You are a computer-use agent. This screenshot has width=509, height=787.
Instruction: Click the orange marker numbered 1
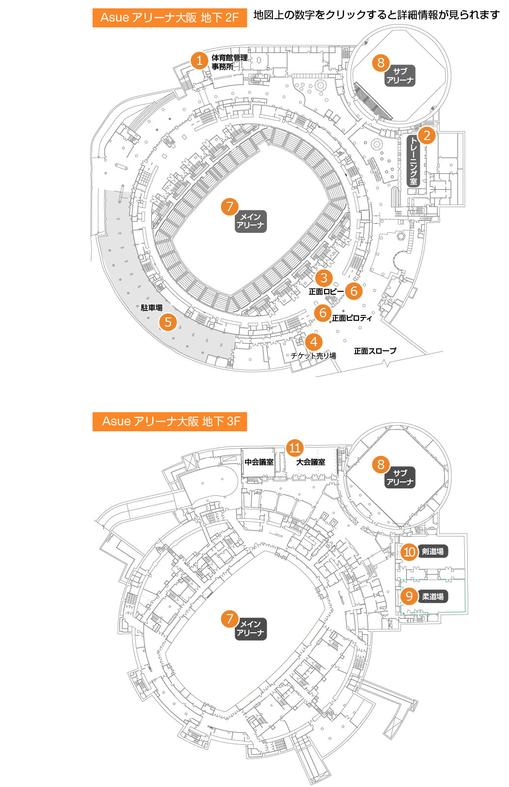tap(199, 60)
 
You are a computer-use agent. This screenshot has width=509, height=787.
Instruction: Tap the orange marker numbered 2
tap(427, 135)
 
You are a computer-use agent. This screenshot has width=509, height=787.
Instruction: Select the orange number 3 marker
tap(324, 278)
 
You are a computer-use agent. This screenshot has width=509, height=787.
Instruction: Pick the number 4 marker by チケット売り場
tap(314, 341)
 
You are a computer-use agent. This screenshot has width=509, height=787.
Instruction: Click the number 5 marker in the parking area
tap(168, 322)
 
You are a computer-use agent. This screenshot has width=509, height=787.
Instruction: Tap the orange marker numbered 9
tap(409, 596)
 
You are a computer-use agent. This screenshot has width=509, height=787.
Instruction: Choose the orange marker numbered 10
tap(409, 552)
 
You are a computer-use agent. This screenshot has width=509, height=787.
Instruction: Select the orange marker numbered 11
tap(295, 448)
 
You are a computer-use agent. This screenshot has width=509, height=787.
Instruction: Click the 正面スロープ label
tap(375, 351)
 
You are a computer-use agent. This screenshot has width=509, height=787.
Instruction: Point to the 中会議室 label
tap(259, 462)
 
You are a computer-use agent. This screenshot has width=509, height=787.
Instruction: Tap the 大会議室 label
tap(310, 462)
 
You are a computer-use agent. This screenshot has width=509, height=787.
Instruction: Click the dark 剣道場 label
tap(433, 552)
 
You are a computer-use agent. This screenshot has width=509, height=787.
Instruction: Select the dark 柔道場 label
tap(433, 596)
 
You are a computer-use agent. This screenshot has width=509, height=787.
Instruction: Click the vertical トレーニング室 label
tap(413, 161)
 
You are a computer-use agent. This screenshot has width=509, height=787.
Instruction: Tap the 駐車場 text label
tap(151, 308)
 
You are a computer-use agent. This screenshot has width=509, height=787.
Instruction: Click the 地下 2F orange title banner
tap(170, 18)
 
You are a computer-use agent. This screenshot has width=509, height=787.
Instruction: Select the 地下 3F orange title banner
tap(170, 422)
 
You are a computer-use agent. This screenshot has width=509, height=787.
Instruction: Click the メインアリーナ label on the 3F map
tap(250, 628)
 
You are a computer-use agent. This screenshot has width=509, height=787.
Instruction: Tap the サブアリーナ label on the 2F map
tap(400, 76)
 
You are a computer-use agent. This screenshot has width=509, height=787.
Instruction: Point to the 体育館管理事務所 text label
tap(229, 62)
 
